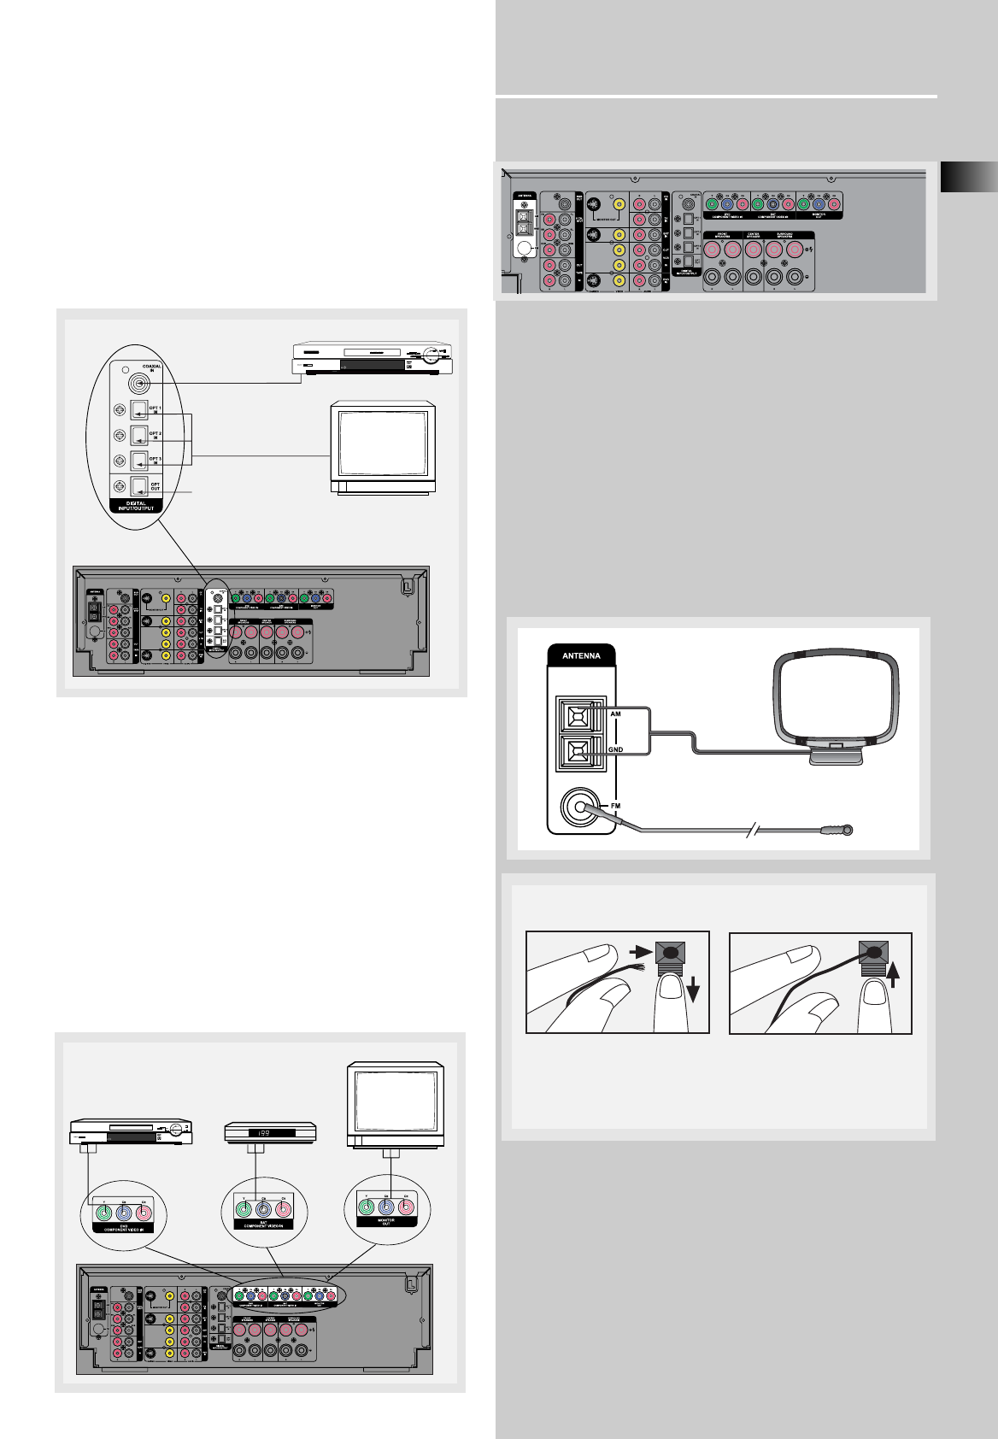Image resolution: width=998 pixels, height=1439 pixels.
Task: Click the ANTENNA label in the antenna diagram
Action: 581,656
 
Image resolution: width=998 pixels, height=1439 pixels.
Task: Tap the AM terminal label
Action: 615,711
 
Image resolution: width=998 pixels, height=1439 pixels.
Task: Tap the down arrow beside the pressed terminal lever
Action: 692,990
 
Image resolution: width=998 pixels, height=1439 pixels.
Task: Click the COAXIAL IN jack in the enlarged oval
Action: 137,384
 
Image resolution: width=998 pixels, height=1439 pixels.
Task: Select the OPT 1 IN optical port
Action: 139,410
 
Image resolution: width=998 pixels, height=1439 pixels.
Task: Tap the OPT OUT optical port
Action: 139,486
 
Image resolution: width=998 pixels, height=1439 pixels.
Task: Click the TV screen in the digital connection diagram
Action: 382,443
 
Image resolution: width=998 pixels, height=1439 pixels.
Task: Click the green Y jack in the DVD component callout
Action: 104,1209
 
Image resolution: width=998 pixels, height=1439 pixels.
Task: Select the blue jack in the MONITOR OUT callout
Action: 386,1207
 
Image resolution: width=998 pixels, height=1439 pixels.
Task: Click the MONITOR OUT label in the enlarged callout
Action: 386,1222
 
